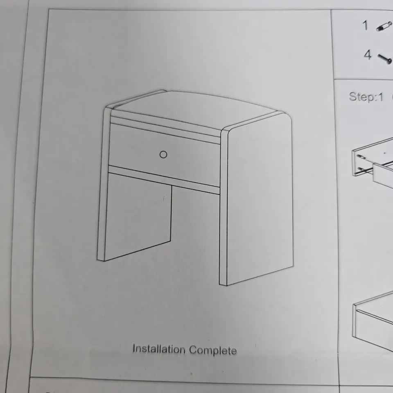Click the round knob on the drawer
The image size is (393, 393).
pos(163,154)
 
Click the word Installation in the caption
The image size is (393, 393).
pos(158,349)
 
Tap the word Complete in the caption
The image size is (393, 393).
pos(212,351)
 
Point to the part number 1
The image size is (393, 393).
pos(365,25)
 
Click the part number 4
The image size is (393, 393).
pos(367,54)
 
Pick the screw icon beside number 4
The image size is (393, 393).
pos(385,59)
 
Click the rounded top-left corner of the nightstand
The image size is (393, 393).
pos(109,109)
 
